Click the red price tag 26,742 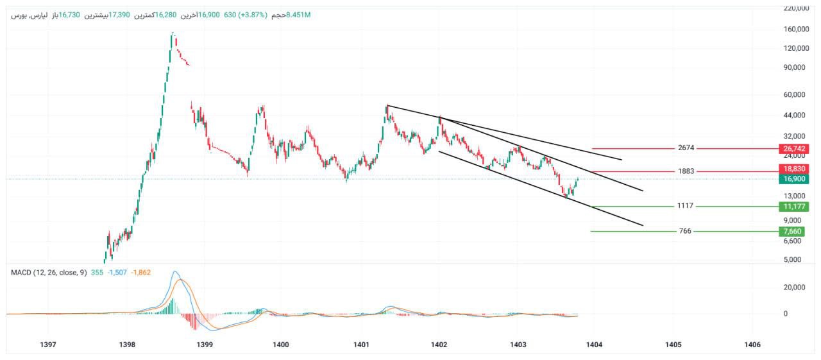click(794, 149)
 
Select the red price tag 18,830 click(794, 169)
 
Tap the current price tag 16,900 click(794, 179)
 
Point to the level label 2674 click(686, 148)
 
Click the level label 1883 click(686, 171)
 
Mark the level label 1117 click(686, 206)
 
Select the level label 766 click(684, 231)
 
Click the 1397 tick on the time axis click(47, 345)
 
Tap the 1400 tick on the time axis click(281, 345)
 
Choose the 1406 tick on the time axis click(752, 345)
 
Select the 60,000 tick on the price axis click(795, 95)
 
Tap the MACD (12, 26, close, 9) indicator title click(49, 273)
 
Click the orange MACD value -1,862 click(142, 273)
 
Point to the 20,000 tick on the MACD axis click(795, 287)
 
